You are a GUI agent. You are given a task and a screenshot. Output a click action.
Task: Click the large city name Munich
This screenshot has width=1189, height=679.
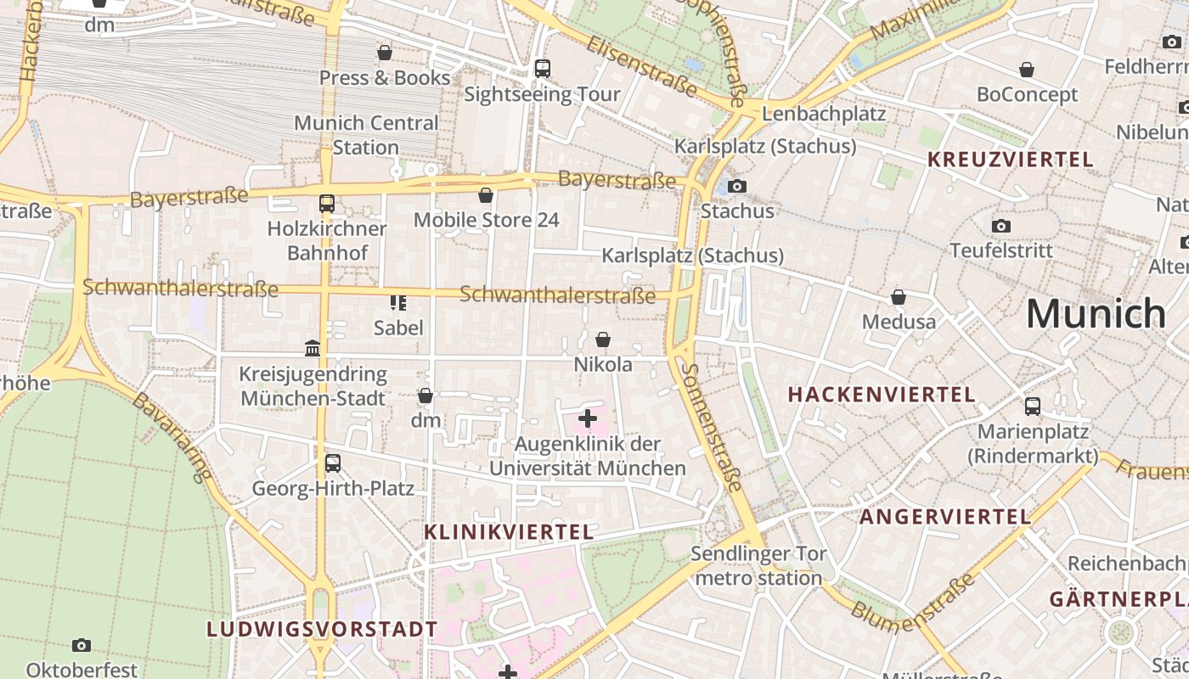click(1096, 314)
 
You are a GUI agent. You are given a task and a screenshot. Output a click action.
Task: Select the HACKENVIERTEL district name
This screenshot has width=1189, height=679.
click(882, 395)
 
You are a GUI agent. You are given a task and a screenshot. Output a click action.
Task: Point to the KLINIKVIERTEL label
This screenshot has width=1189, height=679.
click(508, 532)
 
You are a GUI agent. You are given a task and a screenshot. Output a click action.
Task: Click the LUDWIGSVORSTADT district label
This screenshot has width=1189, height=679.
click(323, 630)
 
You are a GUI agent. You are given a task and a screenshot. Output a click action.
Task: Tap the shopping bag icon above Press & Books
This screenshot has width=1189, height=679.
click(385, 53)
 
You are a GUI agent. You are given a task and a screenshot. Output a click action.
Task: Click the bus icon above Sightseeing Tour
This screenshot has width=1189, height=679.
click(542, 69)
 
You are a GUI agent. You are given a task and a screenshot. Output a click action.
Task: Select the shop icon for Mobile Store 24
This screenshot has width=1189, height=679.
click(486, 195)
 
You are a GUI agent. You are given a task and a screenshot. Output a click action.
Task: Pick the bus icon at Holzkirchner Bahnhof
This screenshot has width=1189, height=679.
click(327, 204)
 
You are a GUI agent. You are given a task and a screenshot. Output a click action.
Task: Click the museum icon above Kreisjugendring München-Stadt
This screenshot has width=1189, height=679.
click(313, 349)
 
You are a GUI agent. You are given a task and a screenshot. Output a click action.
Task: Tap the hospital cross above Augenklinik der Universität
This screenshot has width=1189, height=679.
click(587, 418)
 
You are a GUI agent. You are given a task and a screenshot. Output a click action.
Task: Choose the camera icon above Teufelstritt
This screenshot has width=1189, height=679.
click(1001, 226)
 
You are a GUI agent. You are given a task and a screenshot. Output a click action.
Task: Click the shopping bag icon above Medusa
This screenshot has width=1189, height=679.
click(899, 297)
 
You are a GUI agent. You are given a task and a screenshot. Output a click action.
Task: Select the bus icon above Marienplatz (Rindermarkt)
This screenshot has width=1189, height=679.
click(1032, 407)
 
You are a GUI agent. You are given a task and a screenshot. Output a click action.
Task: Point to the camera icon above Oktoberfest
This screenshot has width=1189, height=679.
click(82, 646)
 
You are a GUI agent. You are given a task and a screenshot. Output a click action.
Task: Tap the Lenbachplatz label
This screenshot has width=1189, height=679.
click(824, 114)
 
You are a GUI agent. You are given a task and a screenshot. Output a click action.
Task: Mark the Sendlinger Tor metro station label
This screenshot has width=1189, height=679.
click(758, 566)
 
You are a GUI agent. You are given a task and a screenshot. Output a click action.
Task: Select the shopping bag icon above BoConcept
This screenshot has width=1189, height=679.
click(1027, 70)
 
